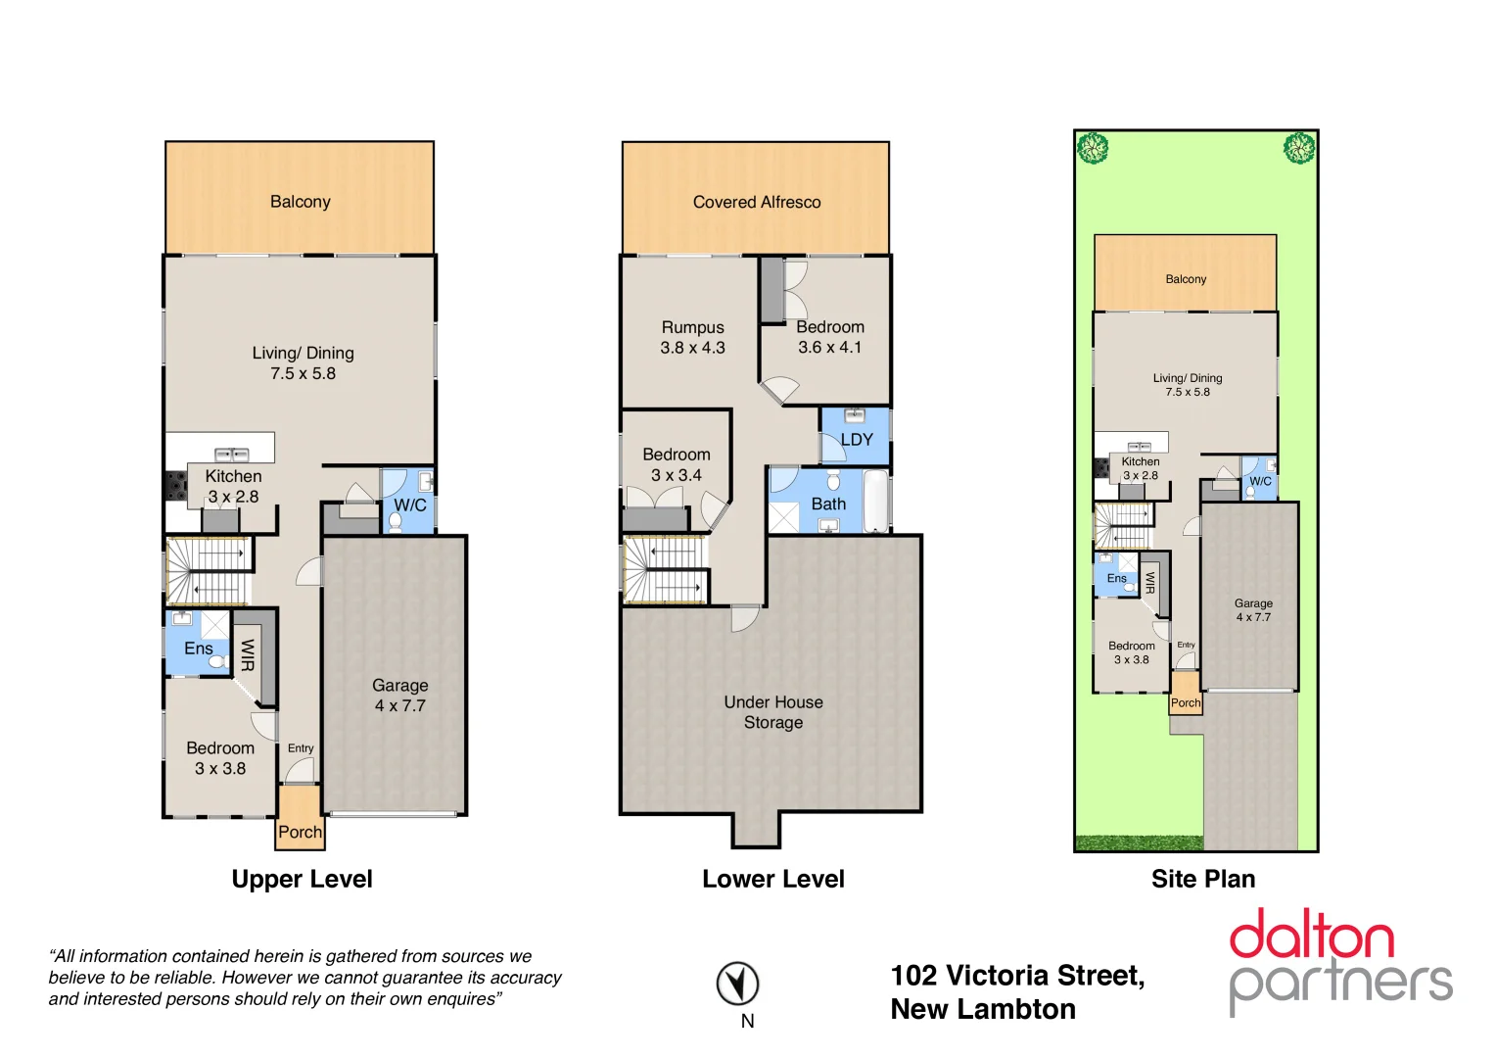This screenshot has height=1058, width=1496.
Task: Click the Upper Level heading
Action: (302, 879)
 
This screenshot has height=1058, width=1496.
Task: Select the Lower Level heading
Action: (772, 879)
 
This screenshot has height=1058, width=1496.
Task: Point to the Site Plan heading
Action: (1202, 879)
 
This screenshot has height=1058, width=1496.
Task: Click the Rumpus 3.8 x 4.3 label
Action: (692, 337)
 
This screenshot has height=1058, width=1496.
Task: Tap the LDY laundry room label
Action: (856, 440)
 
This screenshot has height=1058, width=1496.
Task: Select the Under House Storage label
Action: (772, 712)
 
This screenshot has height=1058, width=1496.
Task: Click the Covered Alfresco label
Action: (756, 202)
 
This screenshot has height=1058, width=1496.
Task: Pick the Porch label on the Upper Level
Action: (300, 832)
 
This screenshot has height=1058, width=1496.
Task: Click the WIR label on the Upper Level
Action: (248, 654)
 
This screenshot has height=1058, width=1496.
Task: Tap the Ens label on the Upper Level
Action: (198, 649)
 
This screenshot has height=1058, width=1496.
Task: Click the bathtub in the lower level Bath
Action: (876, 502)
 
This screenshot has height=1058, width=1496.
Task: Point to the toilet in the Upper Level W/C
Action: (396, 522)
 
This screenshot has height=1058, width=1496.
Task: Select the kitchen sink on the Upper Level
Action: (231, 455)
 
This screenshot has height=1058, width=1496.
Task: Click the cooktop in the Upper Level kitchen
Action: (175, 486)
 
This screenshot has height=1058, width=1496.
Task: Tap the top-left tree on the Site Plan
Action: (1093, 149)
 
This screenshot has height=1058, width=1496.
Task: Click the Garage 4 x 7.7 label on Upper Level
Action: (399, 695)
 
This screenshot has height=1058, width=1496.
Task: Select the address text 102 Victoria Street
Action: (1016, 976)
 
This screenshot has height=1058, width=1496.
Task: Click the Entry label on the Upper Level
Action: (301, 748)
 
